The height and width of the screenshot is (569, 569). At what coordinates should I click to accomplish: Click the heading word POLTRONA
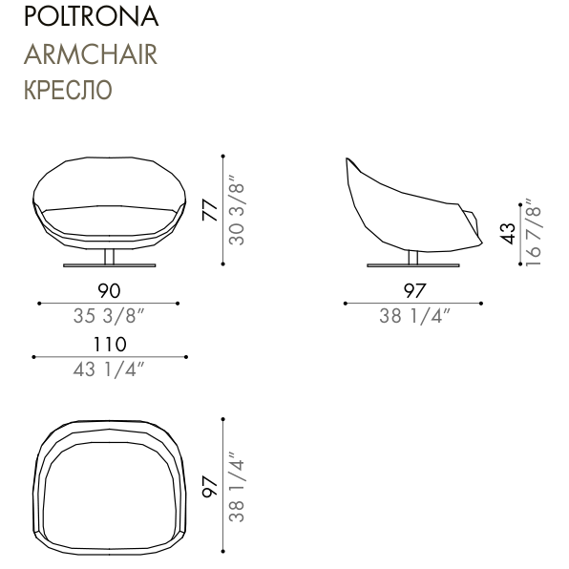pyautogui.click(x=91, y=16)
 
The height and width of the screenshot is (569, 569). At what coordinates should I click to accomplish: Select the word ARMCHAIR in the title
pyautogui.click(x=91, y=54)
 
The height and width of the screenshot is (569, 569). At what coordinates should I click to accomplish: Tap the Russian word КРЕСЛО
pyautogui.click(x=68, y=90)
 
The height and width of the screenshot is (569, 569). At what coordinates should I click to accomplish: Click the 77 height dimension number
pyautogui.click(x=210, y=210)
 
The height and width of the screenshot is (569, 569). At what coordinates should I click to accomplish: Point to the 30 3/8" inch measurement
pyautogui.click(x=237, y=210)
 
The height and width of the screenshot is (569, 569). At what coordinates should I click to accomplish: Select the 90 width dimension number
pyautogui.click(x=109, y=290)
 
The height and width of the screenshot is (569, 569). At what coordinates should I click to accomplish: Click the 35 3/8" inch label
pyautogui.click(x=109, y=316)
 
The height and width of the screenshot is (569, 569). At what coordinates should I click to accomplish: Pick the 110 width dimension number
pyautogui.click(x=110, y=345)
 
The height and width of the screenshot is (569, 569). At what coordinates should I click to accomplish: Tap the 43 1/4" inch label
pyautogui.click(x=109, y=369)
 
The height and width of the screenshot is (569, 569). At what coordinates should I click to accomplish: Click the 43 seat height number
pyautogui.click(x=507, y=233)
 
